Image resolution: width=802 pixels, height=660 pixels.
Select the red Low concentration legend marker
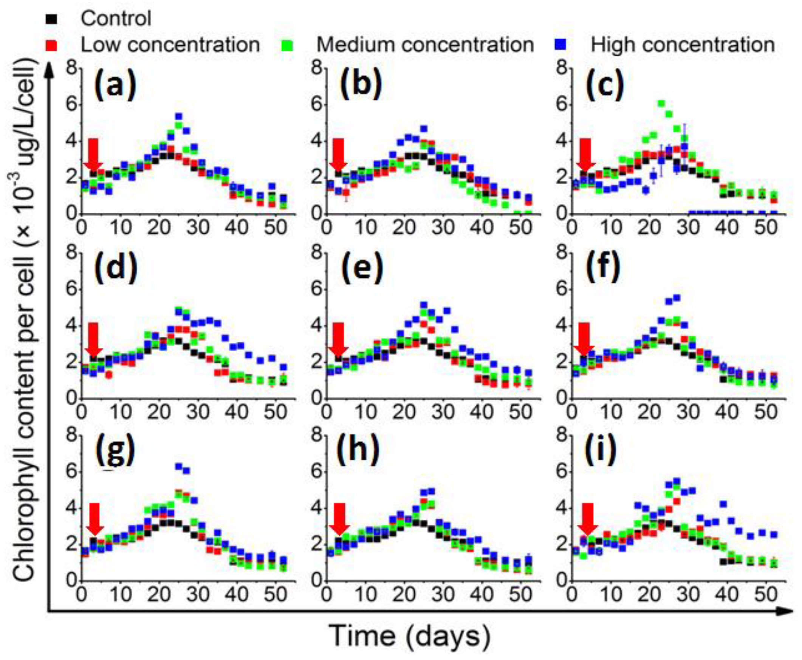click(53, 45)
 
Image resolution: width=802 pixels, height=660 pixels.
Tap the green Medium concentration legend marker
click(288, 45)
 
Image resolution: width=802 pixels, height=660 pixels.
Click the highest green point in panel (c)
click(661, 104)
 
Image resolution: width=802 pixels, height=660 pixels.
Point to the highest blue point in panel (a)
click(179, 116)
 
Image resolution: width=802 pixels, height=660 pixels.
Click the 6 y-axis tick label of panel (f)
click(561, 290)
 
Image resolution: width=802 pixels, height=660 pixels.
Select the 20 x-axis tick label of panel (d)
click(158, 412)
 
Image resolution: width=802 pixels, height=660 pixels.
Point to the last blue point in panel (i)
click(774, 535)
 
